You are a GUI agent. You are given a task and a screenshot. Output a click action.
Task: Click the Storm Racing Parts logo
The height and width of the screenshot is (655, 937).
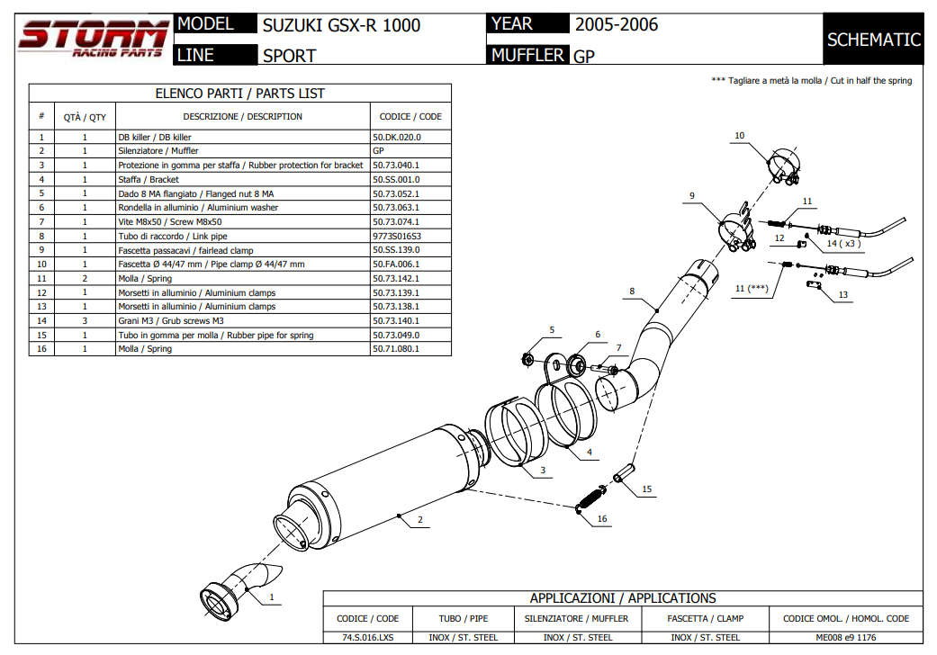[94, 40]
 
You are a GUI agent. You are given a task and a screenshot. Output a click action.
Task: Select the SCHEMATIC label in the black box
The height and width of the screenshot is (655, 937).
[873, 40]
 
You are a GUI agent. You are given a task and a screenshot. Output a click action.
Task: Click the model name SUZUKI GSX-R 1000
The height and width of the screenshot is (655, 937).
[341, 25]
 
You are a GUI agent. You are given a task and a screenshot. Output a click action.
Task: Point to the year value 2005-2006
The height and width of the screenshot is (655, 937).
[617, 24]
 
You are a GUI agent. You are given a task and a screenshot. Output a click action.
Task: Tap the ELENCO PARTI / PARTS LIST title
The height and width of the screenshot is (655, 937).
[239, 94]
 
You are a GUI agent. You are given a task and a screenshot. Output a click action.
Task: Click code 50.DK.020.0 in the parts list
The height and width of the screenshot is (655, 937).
[397, 137]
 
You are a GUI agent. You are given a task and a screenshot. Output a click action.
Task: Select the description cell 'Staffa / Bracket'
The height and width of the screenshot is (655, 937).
[149, 179]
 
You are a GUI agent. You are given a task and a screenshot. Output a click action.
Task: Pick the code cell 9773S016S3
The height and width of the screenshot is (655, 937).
[397, 236]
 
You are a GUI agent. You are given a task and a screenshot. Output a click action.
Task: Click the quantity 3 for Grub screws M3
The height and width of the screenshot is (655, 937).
[85, 320]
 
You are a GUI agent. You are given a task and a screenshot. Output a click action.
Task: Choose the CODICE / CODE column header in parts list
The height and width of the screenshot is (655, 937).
[410, 116]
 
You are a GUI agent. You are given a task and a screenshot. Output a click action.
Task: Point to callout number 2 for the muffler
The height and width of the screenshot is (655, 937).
[419, 520]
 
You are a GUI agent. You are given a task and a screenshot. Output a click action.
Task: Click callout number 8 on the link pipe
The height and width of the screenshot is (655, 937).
[633, 292]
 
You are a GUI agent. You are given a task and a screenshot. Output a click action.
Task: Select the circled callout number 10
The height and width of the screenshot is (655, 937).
[739, 136]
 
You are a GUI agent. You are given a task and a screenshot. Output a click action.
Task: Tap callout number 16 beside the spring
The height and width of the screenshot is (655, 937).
[602, 518]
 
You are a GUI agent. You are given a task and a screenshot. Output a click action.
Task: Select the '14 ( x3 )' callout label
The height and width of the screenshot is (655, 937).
[843, 243]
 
